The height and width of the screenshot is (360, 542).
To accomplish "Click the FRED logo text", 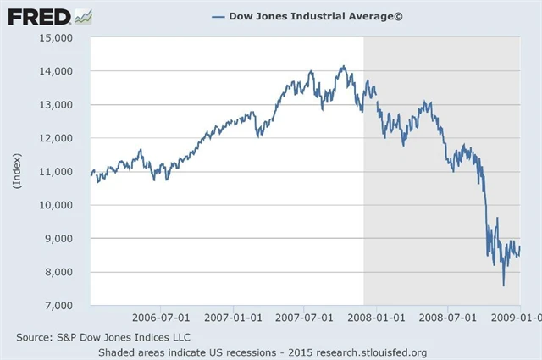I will coord(39,16).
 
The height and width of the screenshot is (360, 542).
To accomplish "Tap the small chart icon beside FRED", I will coord(83,16).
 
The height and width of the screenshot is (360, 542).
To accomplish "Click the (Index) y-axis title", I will coord(18,170).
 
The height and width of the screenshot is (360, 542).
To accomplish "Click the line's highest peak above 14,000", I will coord(343,66).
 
